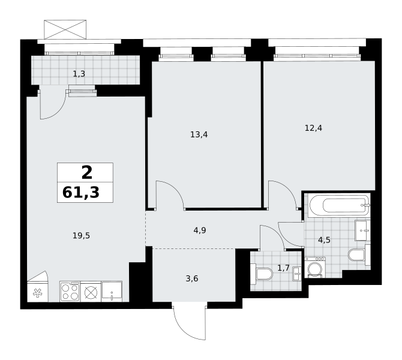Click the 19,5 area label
[x=81, y=236]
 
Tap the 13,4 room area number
[x=199, y=134]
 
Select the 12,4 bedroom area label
[x=313, y=128]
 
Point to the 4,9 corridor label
[x=200, y=230]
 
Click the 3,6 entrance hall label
[x=192, y=278]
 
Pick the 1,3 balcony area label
[x=79, y=74]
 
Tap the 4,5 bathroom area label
[x=324, y=240]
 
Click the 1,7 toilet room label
[x=283, y=268]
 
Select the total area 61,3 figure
[x=81, y=193]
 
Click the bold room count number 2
[x=87, y=173]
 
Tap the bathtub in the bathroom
[x=340, y=206]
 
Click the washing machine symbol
[x=315, y=267]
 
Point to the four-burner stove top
[x=70, y=292]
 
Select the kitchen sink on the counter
[x=112, y=292]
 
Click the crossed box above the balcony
[x=65, y=29]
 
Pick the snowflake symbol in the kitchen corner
[x=37, y=293]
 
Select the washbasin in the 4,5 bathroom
[x=362, y=230]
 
